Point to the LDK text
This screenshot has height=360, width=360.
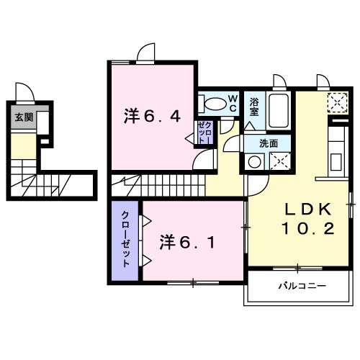pyautogui.click(x=305, y=210)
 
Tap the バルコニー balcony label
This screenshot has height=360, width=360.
pyautogui.click(x=302, y=286)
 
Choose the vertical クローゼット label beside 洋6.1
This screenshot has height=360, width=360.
pyautogui.click(x=125, y=240)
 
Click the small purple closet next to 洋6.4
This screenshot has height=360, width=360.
pyautogui.click(x=204, y=132)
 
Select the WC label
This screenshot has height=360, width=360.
pyautogui.click(x=233, y=102)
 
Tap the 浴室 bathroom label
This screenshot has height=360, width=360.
pyautogui.click(x=254, y=106)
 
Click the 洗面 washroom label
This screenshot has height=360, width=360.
pyautogui.click(x=268, y=143)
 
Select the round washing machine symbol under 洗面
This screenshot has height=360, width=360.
pyautogui.click(x=254, y=162)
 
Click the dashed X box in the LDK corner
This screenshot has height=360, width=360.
pyautogui.click(x=336, y=103)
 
